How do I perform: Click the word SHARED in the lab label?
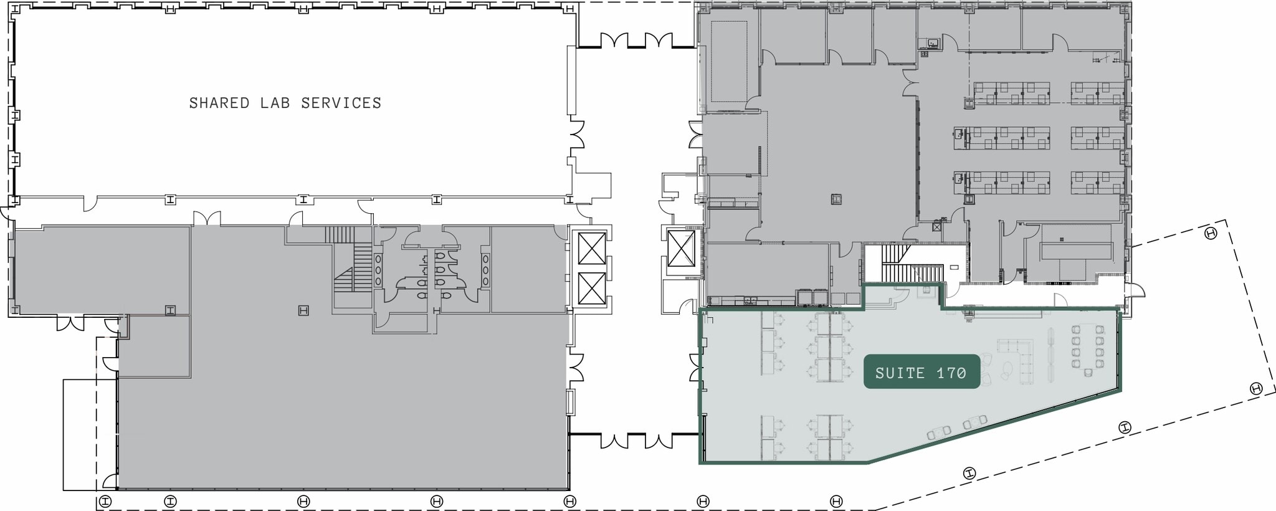(x=219, y=103)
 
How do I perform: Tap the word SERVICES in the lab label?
(x=341, y=103)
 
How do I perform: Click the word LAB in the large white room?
(x=275, y=103)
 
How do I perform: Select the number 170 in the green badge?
(x=951, y=373)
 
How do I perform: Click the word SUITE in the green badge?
(x=900, y=373)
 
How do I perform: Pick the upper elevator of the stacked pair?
(x=592, y=248)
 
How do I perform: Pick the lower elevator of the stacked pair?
(x=592, y=289)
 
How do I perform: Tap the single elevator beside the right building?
(x=681, y=248)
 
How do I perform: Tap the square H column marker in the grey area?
(x=303, y=310)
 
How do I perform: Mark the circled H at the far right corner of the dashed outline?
(x=1211, y=234)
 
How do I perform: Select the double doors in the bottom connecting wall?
(x=637, y=441)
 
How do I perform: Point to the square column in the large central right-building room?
(x=836, y=199)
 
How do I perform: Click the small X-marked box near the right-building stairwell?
(x=936, y=227)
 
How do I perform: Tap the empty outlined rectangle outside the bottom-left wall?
(x=80, y=434)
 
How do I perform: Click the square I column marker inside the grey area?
(x=169, y=310)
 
